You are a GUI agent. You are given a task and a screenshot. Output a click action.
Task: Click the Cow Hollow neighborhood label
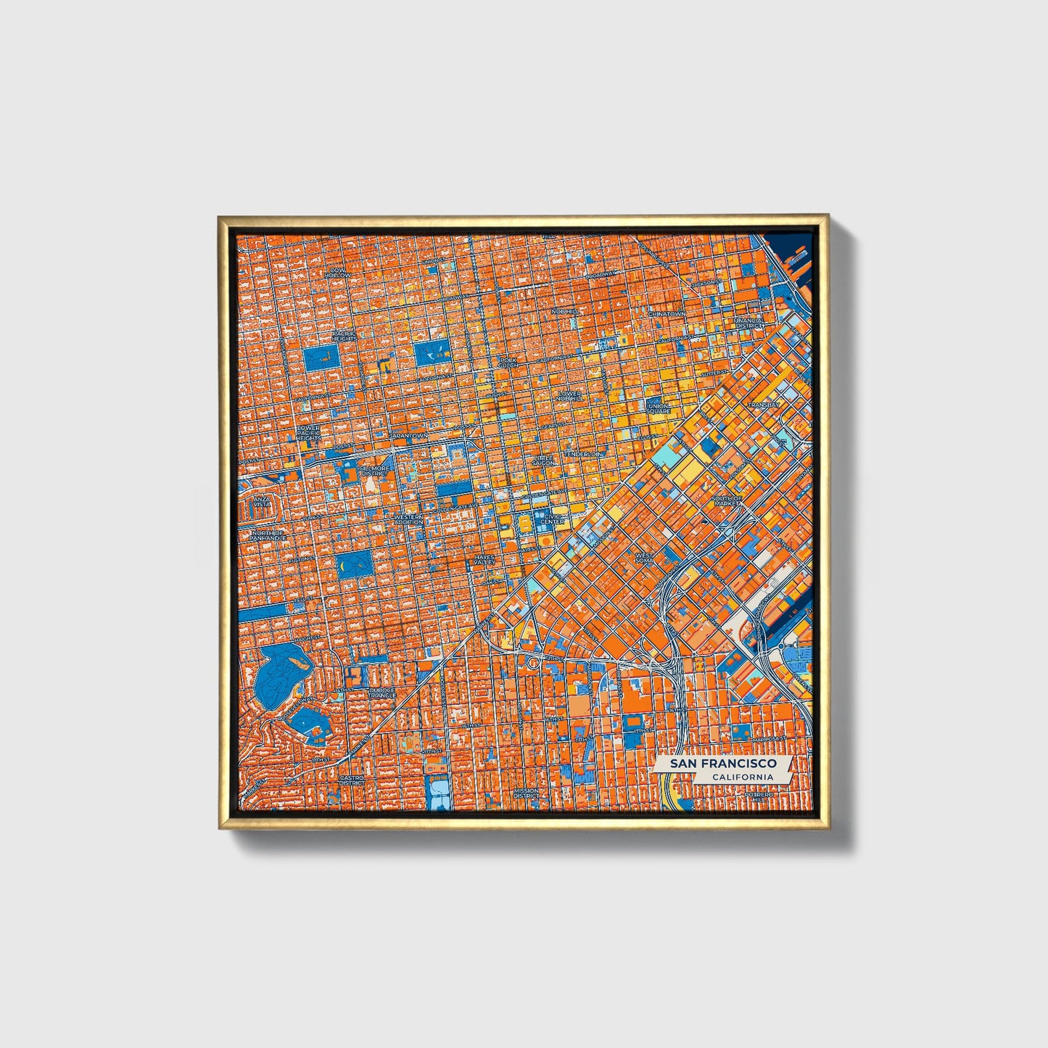tap(337, 273)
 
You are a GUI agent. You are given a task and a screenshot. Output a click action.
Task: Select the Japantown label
tap(409, 435)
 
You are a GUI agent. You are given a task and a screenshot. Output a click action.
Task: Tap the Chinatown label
tap(666, 313)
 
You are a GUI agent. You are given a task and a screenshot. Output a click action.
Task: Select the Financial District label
tap(748, 323)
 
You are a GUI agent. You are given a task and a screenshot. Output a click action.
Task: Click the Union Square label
tap(659, 408)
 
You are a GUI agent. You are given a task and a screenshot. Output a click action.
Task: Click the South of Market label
tap(726, 501)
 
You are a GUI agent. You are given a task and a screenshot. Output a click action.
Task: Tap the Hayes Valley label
tap(483, 559)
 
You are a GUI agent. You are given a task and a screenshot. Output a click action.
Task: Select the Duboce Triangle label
tap(381, 692)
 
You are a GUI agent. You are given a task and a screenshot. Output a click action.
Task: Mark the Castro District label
tap(352, 780)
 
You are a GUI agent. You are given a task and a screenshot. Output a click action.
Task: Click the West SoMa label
tap(644, 558)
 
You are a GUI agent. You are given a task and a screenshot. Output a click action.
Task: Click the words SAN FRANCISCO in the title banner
tap(723, 764)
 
